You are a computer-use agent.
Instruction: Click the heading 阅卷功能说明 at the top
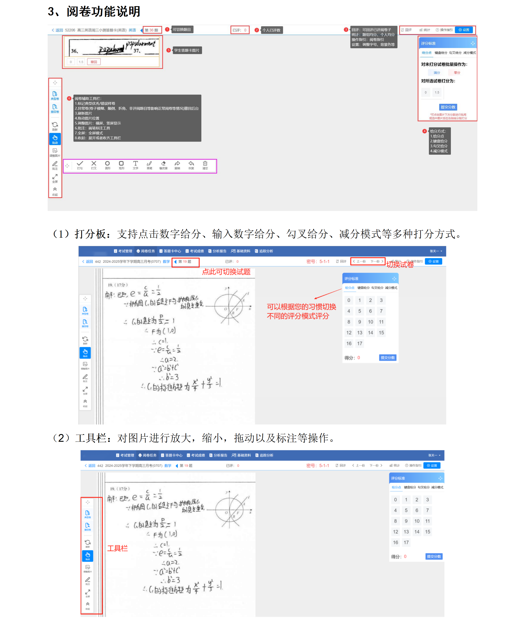(x=103, y=12)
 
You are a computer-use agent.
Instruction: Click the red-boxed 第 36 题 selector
(x=152, y=30)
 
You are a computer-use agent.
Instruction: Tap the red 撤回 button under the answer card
(x=94, y=62)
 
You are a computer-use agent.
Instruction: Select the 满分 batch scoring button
(x=437, y=73)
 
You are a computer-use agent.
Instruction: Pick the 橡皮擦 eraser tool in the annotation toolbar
(x=163, y=165)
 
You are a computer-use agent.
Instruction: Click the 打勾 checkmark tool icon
(x=80, y=165)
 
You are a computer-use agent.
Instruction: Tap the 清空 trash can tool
(x=205, y=165)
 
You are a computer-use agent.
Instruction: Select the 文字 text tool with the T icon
(x=135, y=165)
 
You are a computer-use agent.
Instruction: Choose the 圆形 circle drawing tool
(x=107, y=165)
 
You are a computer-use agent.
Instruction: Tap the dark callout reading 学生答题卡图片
(x=186, y=50)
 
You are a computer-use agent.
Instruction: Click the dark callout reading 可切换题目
(x=182, y=29)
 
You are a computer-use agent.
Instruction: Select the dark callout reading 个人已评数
(x=272, y=30)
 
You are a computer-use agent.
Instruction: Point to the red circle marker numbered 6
(x=69, y=98)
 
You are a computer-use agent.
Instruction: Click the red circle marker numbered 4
(x=424, y=131)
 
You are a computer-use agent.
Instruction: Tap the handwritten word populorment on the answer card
(x=141, y=44)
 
